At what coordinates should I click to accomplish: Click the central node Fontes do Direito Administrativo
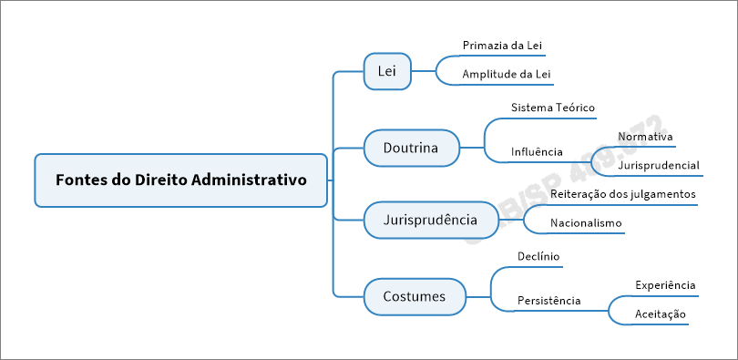[180, 180]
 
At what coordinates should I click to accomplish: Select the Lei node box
[386, 71]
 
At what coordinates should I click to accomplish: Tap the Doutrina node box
[410, 147]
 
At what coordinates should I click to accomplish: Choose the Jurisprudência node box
[430, 221]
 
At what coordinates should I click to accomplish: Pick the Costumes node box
[414, 296]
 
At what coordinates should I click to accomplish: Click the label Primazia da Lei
[503, 45]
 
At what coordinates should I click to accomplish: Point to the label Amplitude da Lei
[507, 74]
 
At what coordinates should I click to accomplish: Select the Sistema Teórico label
[553, 108]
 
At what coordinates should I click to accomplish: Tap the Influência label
[537, 151]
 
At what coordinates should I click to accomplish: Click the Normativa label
[645, 137]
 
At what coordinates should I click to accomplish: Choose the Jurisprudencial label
[659, 166]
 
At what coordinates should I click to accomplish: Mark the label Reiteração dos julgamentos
[623, 194]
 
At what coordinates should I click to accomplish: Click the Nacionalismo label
[586, 223]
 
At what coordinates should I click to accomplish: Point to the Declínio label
[538, 256]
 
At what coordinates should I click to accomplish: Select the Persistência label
[548, 300]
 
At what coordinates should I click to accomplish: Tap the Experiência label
[665, 285]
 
